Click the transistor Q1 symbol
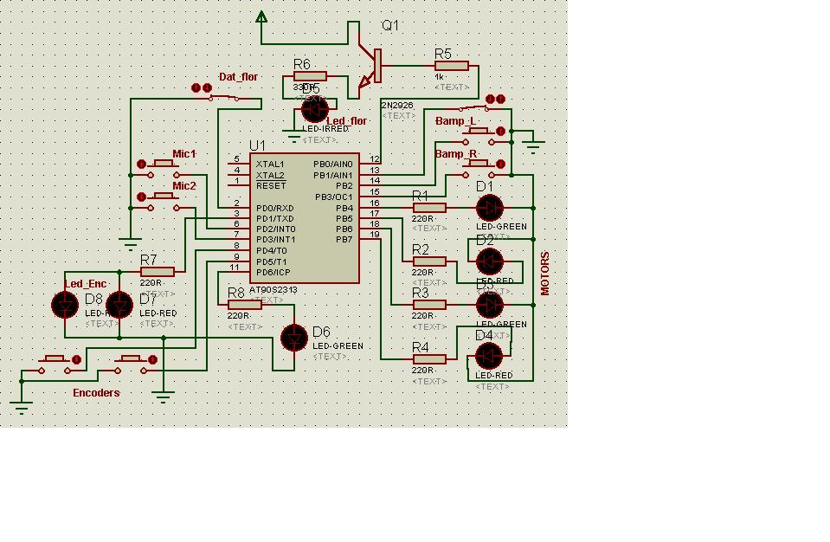[x=375, y=67]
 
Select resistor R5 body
[x=451, y=66]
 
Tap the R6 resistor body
[x=309, y=76]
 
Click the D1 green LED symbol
[x=489, y=208]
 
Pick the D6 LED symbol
[x=295, y=338]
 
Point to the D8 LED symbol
[x=66, y=304]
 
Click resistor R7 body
[x=157, y=272]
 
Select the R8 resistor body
[x=244, y=305]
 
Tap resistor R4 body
[x=429, y=359]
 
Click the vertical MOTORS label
[x=545, y=274]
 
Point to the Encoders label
[x=96, y=392]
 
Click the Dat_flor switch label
[x=238, y=77]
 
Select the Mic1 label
[x=184, y=154]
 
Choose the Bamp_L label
[x=455, y=121]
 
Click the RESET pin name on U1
[x=271, y=186]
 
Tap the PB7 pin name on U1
[x=344, y=239]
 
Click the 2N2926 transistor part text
[x=396, y=106]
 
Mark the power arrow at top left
[x=261, y=16]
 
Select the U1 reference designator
[x=257, y=145]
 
